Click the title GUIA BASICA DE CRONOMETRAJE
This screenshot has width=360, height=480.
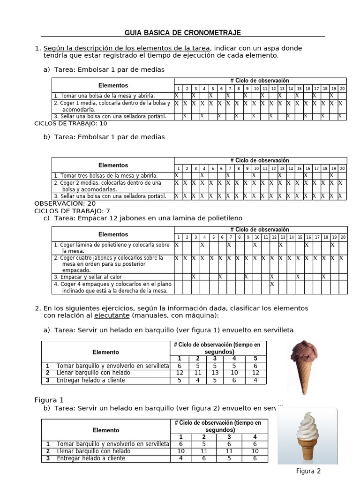coord(182,32)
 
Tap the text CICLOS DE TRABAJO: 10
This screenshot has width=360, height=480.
coord(71,124)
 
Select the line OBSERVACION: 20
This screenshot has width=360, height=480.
coord(65,203)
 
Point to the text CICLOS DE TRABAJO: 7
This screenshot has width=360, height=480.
coord(72,211)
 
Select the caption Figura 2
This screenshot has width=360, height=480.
coord(308,471)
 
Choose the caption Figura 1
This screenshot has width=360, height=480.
coord(49,400)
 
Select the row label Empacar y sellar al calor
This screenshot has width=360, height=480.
coord(88,277)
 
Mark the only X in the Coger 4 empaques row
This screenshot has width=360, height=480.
coord(271,284)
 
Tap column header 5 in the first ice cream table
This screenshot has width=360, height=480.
coord(255,359)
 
